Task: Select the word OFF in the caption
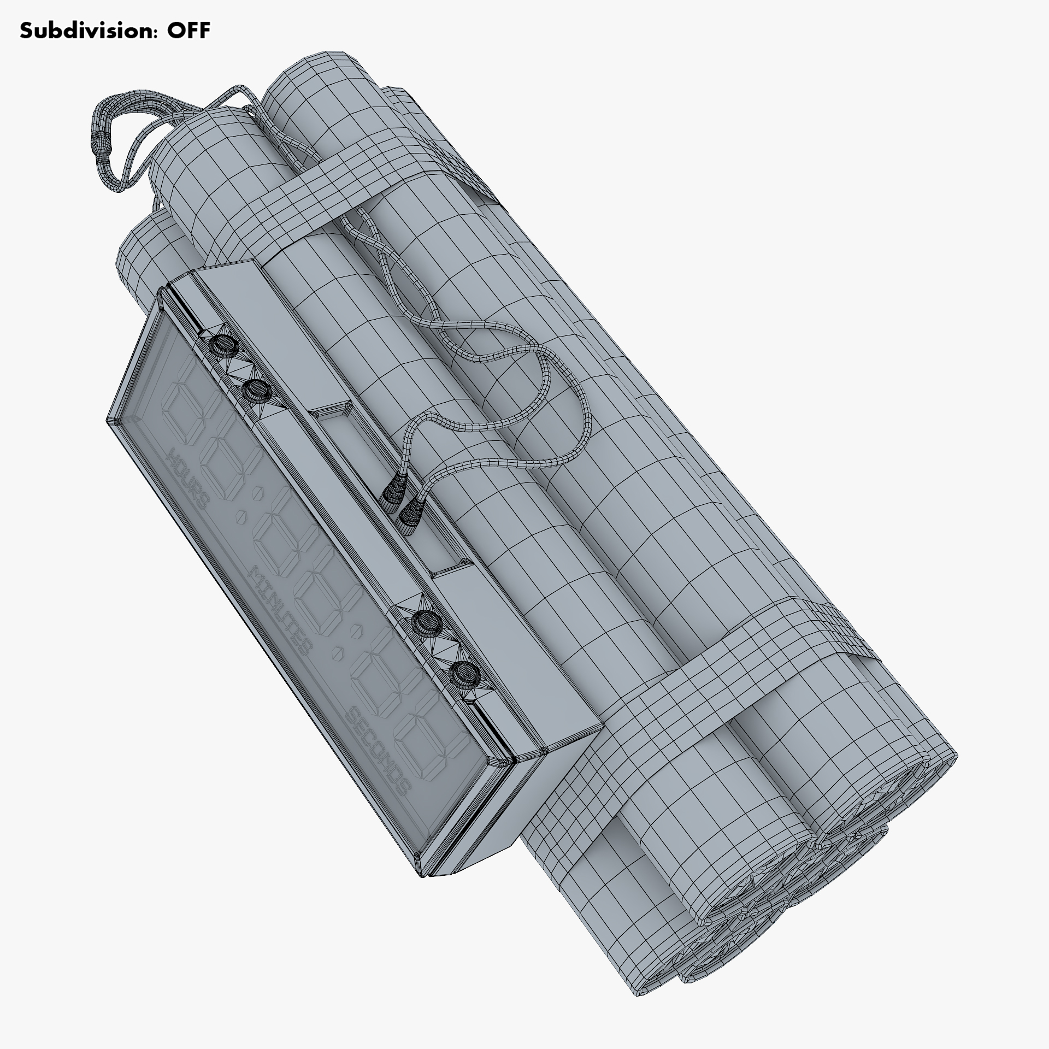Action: point(188,31)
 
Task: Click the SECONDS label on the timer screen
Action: point(378,752)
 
